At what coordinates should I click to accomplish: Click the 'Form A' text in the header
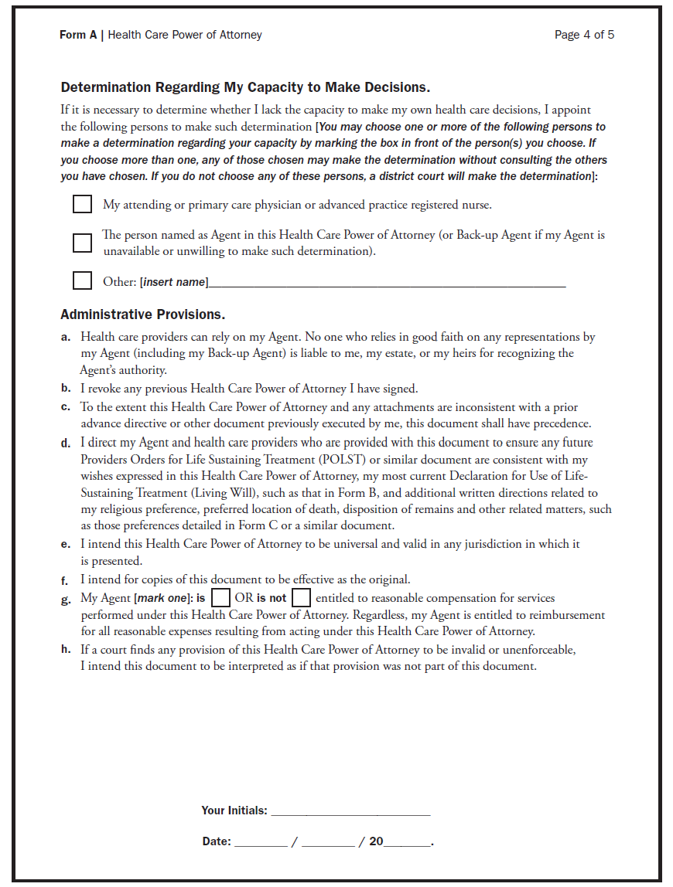tap(78, 35)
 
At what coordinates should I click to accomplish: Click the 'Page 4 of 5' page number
tap(584, 35)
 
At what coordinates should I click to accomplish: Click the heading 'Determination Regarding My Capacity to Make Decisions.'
tap(245, 87)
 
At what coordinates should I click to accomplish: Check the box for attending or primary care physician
tap(82, 205)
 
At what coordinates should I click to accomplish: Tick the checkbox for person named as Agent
tap(82, 243)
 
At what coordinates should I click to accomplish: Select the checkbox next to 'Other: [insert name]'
tap(82, 280)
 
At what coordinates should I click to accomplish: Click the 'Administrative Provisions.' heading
tap(142, 314)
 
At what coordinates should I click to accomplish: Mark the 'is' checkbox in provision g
tap(220, 598)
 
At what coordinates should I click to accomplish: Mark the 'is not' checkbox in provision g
tap(301, 598)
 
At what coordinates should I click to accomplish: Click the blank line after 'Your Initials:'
tap(350, 812)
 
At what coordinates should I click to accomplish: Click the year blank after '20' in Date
tap(407, 843)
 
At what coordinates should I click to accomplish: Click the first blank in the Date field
tap(261, 843)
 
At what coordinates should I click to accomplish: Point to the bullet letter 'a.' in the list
tap(66, 337)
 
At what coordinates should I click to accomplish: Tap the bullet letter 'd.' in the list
tap(66, 443)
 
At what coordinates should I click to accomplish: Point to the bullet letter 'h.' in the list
tap(66, 650)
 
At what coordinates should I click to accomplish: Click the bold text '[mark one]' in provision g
tap(163, 598)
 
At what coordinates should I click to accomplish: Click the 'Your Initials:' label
tap(234, 811)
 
